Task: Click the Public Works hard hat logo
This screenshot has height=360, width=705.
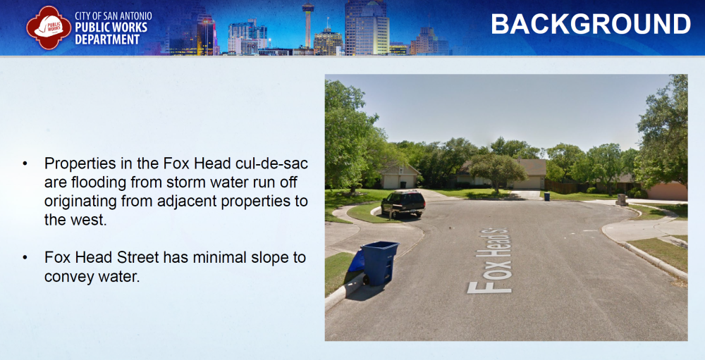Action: (49, 27)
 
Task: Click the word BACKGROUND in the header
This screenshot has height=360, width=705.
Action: (590, 24)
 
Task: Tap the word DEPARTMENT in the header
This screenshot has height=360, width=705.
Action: (107, 39)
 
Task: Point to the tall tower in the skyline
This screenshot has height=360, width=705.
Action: (308, 24)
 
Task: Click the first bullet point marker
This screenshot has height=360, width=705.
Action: (25, 163)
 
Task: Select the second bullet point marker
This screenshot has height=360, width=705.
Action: (25, 258)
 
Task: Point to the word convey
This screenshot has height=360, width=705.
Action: (68, 277)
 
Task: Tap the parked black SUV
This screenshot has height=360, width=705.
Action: (403, 203)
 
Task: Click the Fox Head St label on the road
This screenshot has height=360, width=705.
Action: (489, 261)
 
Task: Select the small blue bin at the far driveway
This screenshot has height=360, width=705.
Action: (547, 197)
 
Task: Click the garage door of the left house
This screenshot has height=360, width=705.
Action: (391, 182)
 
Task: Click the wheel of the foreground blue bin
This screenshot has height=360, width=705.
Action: (367, 280)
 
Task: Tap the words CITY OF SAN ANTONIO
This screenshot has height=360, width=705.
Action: (114, 16)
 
